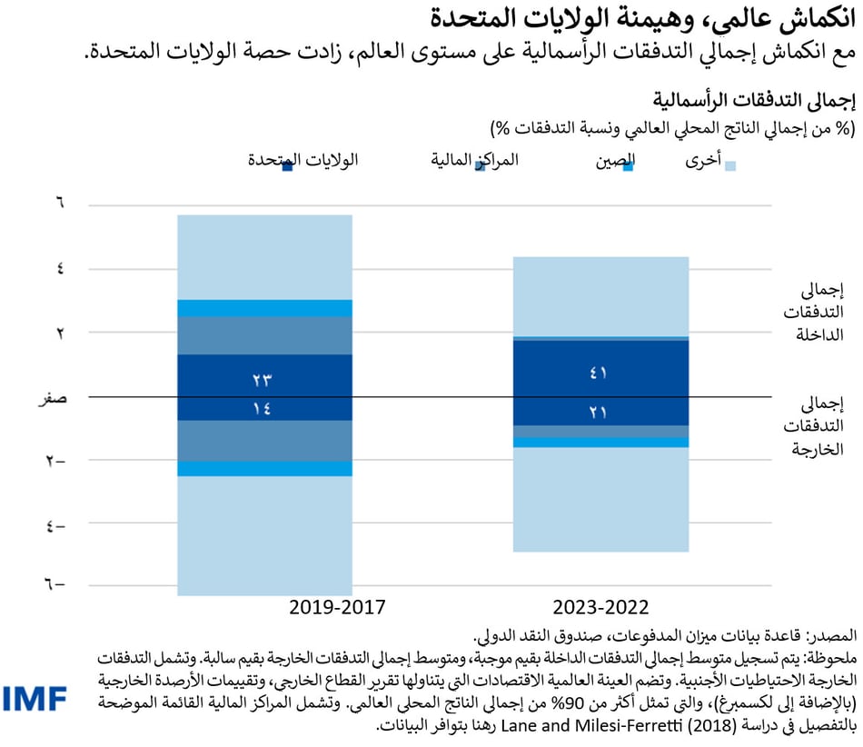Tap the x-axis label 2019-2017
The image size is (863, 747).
click(338, 606)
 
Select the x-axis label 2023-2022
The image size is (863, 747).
click(600, 606)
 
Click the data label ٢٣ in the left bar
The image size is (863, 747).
click(263, 379)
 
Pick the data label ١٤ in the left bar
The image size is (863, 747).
click(263, 409)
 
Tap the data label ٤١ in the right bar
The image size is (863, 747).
click(600, 373)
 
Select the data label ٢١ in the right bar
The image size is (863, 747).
click(600, 413)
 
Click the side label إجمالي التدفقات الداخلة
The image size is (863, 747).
click(818, 313)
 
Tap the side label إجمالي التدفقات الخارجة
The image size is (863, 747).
click(818, 424)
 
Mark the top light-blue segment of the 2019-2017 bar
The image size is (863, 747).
click(263, 256)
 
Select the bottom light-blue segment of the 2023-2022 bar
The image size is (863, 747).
click(600, 499)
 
